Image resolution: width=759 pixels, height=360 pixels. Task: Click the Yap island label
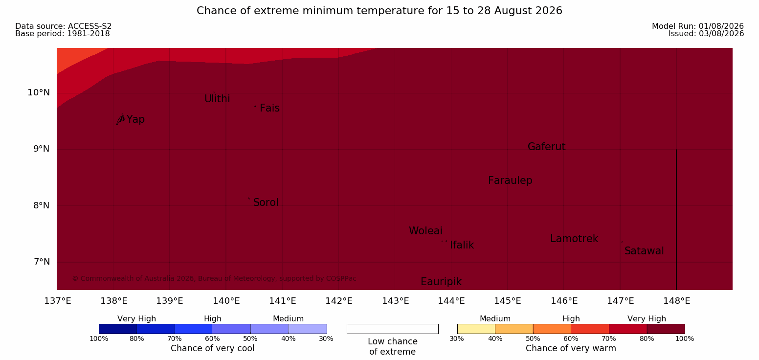[135, 120]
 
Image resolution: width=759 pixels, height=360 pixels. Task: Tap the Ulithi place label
[217, 99]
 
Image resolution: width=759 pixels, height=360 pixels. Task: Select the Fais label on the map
[270, 108]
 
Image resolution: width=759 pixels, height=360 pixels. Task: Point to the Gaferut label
[547, 147]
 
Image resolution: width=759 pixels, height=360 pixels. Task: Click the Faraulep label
[510, 180]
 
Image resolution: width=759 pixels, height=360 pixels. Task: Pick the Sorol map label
[266, 202]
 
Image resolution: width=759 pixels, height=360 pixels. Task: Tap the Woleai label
[425, 231]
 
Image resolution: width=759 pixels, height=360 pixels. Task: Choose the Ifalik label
[462, 245]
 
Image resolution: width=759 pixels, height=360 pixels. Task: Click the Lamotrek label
[574, 239]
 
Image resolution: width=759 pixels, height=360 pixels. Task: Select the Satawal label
[644, 251]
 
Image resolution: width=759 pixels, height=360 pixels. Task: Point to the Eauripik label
[441, 282]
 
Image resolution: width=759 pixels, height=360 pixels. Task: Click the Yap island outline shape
[121, 119]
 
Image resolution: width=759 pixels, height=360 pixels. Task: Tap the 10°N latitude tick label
[39, 92]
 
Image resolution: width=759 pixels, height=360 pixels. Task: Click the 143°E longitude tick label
[396, 301]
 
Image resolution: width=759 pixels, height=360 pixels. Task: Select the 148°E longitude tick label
[676, 301]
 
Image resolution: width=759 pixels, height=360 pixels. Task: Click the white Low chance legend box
[392, 329]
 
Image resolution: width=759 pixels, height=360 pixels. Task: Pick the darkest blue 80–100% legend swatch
[118, 329]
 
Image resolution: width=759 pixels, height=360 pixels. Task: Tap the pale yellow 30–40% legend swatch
[476, 329]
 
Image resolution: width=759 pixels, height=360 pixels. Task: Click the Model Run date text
[698, 26]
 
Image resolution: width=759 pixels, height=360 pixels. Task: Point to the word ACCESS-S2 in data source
[90, 26]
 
